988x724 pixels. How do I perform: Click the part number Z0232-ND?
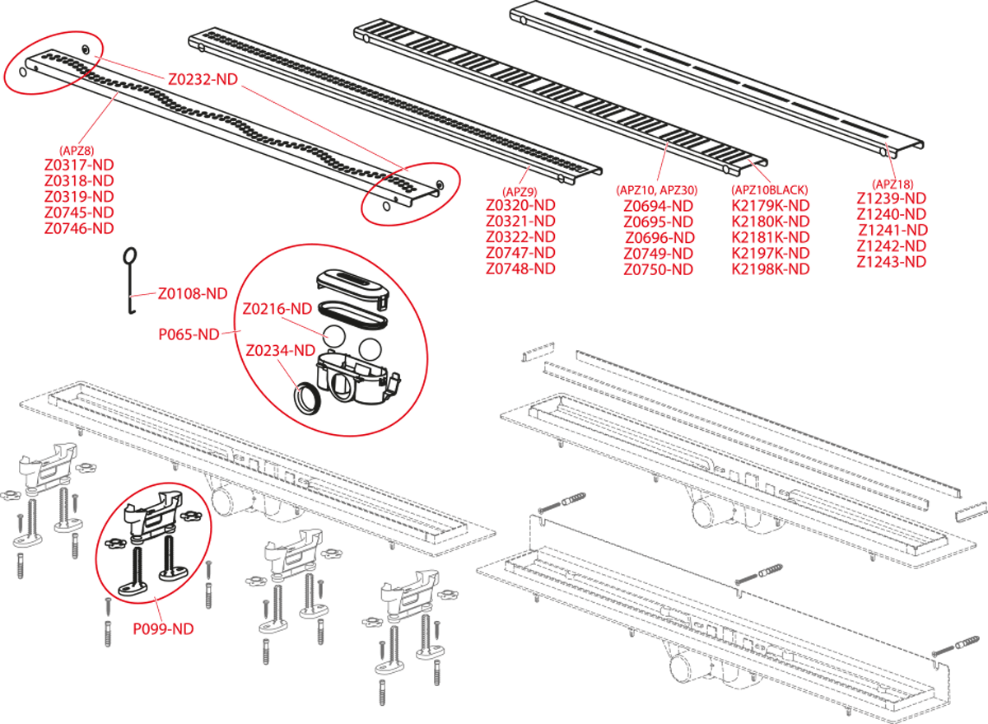click(203, 80)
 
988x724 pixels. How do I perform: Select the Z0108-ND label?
click(193, 293)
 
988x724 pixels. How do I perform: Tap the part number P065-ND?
click(189, 334)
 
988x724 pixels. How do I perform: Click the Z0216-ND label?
click(277, 309)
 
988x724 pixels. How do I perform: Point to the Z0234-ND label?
click(280, 350)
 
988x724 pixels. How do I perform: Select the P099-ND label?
click(164, 628)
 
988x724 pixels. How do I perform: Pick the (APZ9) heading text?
click(520, 190)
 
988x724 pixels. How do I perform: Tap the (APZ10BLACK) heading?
click(771, 190)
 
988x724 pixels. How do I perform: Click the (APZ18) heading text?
click(892, 184)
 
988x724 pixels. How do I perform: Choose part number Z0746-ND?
click(79, 228)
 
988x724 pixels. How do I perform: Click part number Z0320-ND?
click(520, 205)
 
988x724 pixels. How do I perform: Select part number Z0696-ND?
click(659, 237)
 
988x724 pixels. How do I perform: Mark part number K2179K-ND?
click(771, 206)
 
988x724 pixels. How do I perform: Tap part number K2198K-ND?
click(771, 269)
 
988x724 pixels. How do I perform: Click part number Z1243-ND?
click(892, 262)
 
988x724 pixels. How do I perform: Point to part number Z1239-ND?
click(892, 199)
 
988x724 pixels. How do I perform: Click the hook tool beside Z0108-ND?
click(130, 280)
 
